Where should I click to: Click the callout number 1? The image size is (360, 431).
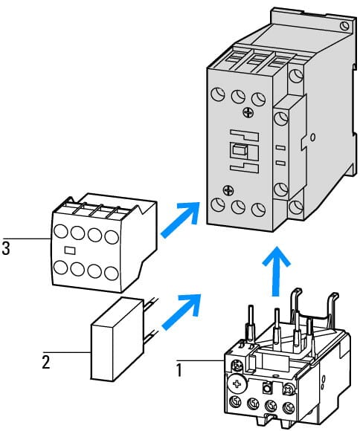(179, 370)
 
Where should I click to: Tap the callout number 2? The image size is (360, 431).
(46, 362)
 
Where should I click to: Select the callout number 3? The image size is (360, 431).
(6, 248)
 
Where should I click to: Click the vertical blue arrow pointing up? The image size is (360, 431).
(276, 271)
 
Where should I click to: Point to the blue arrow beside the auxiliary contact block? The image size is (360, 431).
(180, 220)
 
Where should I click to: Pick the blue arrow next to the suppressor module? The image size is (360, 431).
(181, 312)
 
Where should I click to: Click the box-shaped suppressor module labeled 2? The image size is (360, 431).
(118, 339)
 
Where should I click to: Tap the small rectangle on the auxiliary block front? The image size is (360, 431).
(70, 250)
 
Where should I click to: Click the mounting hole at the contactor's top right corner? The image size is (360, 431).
(344, 26)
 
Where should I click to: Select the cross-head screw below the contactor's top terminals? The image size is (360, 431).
(247, 113)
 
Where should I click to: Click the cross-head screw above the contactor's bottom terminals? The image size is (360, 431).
(228, 190)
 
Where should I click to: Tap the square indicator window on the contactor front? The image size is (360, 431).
(237, 151)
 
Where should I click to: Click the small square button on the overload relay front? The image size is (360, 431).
(266, 388)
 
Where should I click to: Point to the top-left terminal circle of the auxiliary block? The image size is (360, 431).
(61, 231)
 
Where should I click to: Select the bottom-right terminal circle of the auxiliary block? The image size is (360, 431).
(112, 273)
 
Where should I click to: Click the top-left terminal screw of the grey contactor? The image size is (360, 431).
(218, 94)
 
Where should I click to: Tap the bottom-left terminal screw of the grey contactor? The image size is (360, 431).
(218, 205)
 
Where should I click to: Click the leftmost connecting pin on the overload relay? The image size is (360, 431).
(251, 323)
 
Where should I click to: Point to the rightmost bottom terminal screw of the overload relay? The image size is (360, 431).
(288, 406)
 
